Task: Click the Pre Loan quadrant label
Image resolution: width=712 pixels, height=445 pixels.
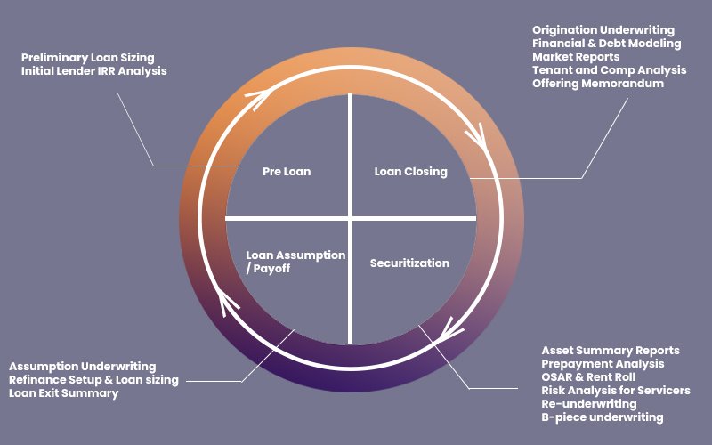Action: tap(287, 171)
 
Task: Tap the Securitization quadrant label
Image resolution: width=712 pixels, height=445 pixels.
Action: tap(409, 263)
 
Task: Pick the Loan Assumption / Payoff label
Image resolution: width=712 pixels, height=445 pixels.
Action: tap(283, 261)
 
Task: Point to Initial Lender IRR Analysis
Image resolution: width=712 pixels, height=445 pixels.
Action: tap(93, 70)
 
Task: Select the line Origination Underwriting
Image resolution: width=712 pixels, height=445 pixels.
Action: tap(603, 30)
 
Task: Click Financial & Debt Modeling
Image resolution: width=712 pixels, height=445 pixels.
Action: tap(607, 44)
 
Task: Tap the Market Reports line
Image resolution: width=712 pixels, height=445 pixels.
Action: tap(576, 57)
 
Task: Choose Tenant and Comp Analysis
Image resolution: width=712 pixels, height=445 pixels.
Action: tap(610, 70)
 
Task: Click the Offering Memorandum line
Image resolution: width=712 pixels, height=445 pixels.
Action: tap(598, 84)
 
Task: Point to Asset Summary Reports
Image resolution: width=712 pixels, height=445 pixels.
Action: tap(611, 351)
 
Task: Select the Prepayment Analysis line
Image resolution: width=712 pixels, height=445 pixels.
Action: tap(603, 364)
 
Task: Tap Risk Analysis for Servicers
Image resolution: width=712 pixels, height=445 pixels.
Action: tap(616, 391)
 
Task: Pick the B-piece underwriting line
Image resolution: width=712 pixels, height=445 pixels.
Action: tap(603, 417)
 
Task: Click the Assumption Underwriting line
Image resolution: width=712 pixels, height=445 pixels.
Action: tap(83, 367)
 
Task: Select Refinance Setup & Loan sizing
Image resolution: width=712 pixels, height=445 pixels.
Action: tap(94, 380)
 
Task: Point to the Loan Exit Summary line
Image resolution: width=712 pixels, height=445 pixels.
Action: tap(64, 393)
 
